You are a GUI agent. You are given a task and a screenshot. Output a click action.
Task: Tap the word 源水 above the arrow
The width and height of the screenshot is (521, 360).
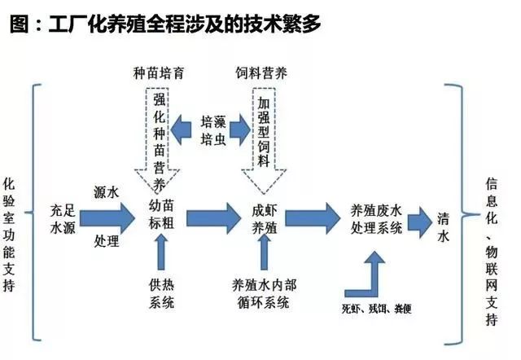point(107,193)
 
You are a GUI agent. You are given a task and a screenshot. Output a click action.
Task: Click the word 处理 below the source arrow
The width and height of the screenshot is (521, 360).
point(107,240)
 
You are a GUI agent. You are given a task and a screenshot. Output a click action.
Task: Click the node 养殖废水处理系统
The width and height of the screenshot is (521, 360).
point(375,217)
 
